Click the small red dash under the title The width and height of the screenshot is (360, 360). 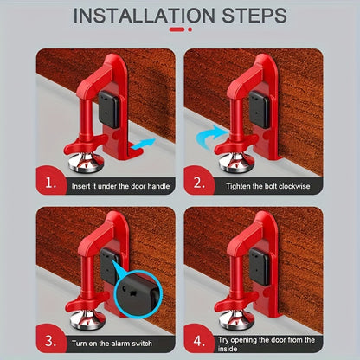[x=179, y=29]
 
